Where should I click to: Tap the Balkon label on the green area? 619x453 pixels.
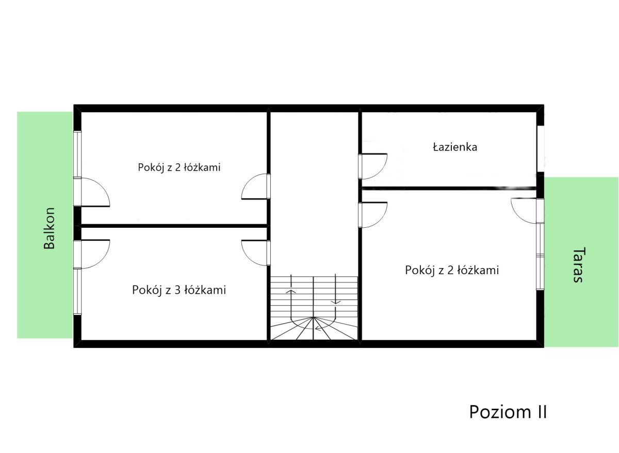click(50, 228)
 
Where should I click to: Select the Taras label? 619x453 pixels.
click(578, 265)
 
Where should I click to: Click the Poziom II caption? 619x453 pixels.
click(508, 412)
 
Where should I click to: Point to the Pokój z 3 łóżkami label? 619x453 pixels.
click(179, 290)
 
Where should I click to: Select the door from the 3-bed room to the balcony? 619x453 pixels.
click(91, 254)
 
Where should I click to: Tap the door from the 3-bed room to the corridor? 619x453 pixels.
click(256, 253)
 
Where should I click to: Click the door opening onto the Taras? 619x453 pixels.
click(527, 211)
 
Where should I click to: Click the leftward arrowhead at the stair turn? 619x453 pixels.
click(318, 328)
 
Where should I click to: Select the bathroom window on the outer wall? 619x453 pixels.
click(541, 149)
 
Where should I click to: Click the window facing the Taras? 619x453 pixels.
click(540, 256)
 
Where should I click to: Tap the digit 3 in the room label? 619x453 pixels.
click(177, 290)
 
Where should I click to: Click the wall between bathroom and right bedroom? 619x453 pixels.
click(449, 189)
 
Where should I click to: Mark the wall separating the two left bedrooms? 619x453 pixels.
click(174, 226)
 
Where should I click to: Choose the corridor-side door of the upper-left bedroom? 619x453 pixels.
click(256, 186)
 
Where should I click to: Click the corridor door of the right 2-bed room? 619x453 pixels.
click(373, 215)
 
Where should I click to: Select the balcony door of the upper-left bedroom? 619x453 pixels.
click(91, 192)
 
